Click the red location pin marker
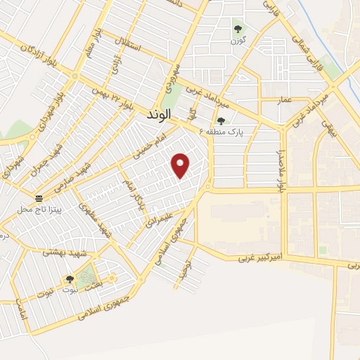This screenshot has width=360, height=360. click(x=181, y=165)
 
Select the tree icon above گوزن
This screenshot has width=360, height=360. click(x=237, y=30)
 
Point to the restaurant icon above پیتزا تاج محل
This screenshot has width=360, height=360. click(x=40, y=200)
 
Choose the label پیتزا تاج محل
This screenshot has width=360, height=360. click(x=40, y=210)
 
